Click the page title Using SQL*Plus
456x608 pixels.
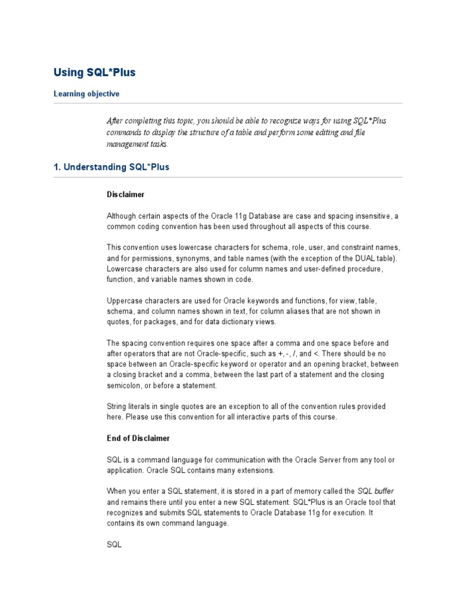[x=94, y=73]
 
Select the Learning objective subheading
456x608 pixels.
[x=86, y=94]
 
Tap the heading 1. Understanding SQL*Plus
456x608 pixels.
[x=112, y=167]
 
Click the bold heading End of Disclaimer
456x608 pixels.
[x=138, y=438]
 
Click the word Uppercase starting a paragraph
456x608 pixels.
[x=126, y=301]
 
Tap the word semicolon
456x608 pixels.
[x=126, y=386]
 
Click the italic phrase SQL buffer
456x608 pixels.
[x=375, y=492]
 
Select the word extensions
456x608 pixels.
[x=254, y=470]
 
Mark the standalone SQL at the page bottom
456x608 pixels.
[x=114, y=544]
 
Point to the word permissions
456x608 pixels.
[x=153, y=259]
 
